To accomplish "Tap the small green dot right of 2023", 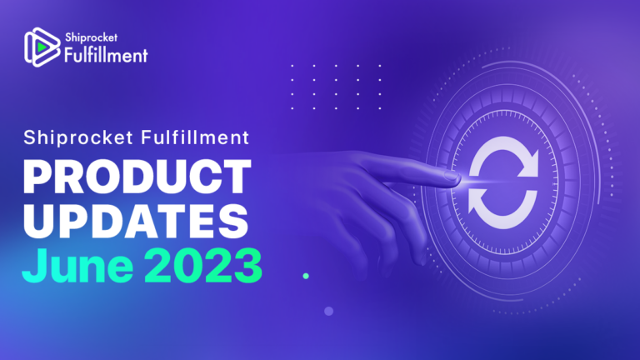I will click(x=306, y=275).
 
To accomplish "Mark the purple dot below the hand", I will click(x=328, y=311).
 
